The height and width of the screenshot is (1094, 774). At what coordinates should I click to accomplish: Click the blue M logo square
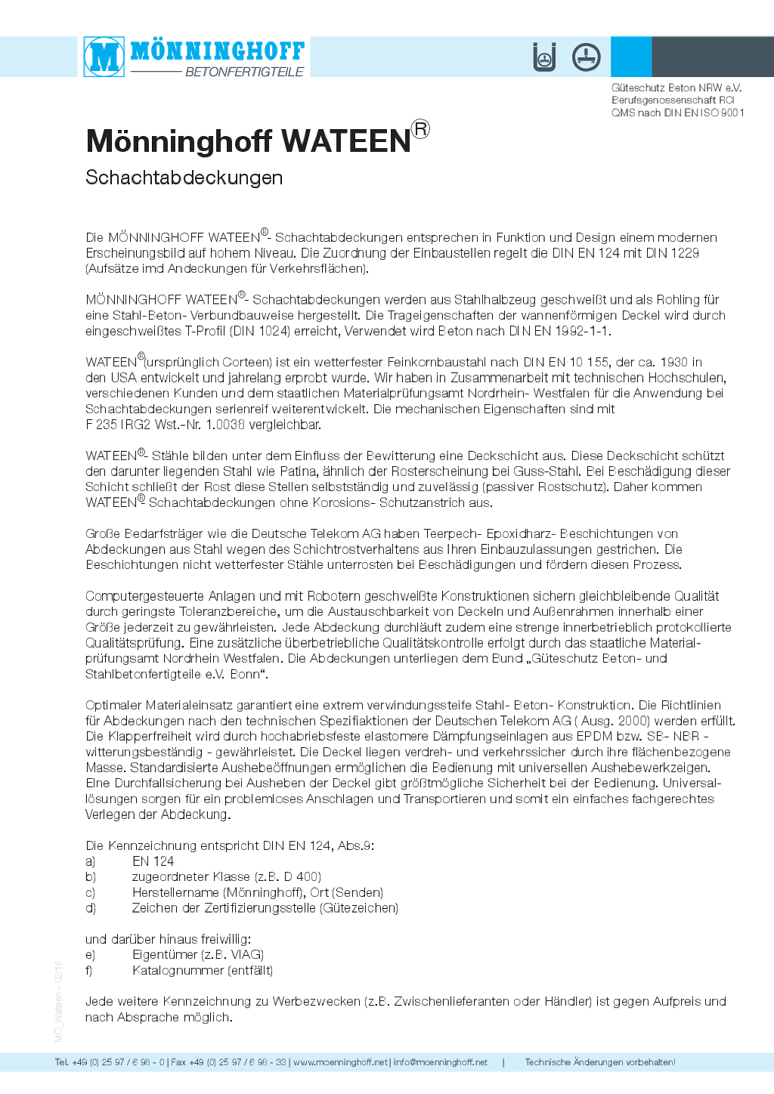(104, 57)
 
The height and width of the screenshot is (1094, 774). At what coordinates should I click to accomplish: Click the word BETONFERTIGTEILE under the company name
(244, 72)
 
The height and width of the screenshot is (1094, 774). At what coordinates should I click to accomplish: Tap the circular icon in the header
(586, 57)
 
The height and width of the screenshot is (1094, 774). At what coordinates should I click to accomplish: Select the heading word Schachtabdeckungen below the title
(184, 178)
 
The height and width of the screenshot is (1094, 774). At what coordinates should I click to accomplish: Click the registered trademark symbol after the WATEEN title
(420, 129)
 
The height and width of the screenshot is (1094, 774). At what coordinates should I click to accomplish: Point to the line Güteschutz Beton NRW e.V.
(676, 88)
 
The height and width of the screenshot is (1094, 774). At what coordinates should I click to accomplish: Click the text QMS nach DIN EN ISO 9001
(678, 113)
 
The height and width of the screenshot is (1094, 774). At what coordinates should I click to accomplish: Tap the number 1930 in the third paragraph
(674, 362)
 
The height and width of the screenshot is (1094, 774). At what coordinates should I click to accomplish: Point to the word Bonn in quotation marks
(244, 674)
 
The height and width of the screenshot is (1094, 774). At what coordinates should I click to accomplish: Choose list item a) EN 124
(153, 861)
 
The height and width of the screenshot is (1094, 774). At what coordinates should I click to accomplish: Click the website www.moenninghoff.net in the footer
(340, 1062)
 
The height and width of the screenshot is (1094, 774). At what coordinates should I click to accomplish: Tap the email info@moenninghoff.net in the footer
(441, 1062)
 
